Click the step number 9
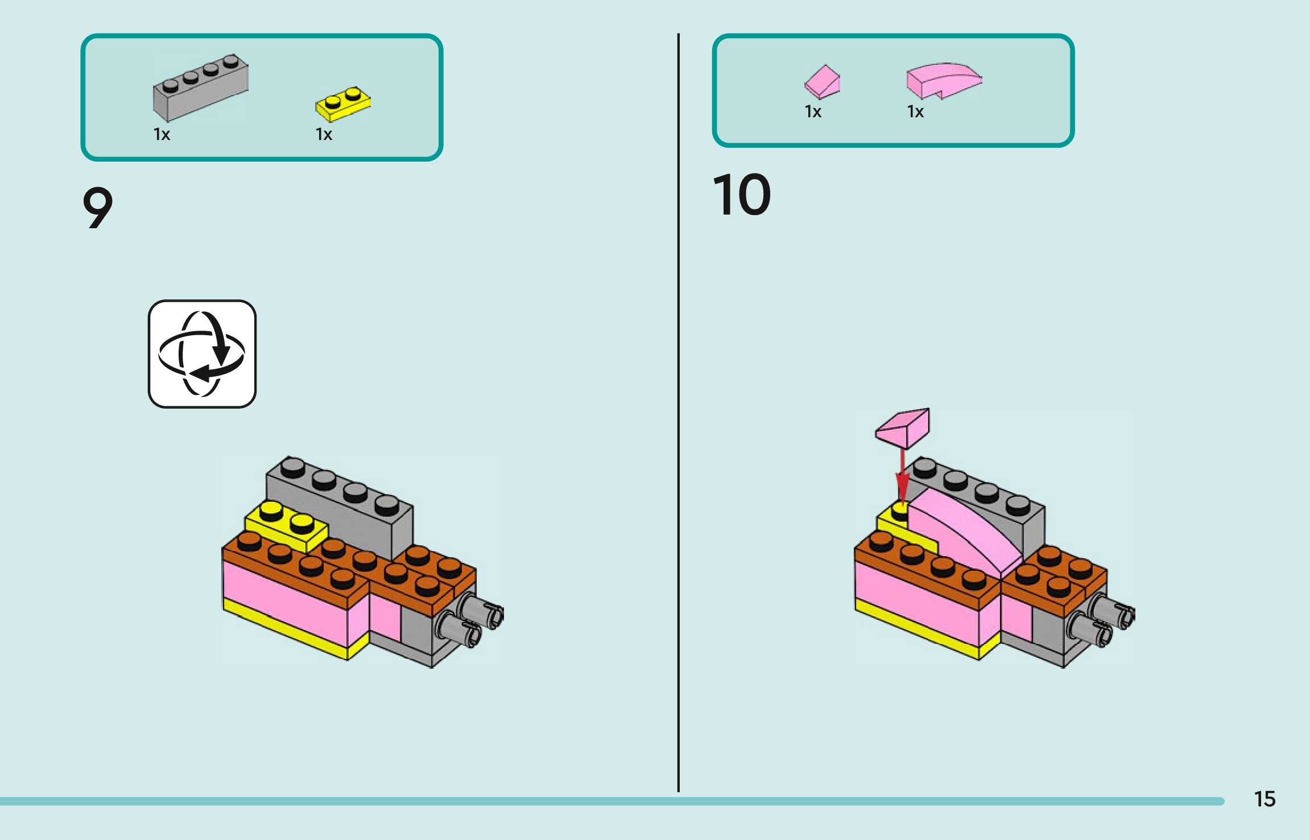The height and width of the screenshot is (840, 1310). click(x=98, y=208)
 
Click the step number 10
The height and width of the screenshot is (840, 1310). click(x=742, y=195)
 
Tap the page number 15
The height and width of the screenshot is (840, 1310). click(x=1264, y=799)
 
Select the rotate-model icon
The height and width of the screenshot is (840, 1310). click(x=202, y=354)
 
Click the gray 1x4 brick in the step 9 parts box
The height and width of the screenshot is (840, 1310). click(x=200, y=88)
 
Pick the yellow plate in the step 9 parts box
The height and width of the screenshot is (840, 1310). click(x=343, y=104)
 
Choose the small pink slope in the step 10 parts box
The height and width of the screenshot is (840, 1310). click(x=823, y=82)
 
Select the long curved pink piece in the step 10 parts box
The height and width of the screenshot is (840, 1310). click(x=943, y=80)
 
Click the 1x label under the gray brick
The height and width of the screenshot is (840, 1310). click(x=162, y=134)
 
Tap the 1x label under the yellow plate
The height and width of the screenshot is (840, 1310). click(x=324, y=134)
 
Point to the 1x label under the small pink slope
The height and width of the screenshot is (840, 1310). click(x=813, y=112)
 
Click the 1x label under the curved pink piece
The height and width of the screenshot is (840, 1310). click(x=915, y=112)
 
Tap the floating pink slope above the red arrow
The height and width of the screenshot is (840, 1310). click(x=903, y=427)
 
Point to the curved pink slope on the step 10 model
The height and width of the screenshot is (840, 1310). click(x=961, y=529)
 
